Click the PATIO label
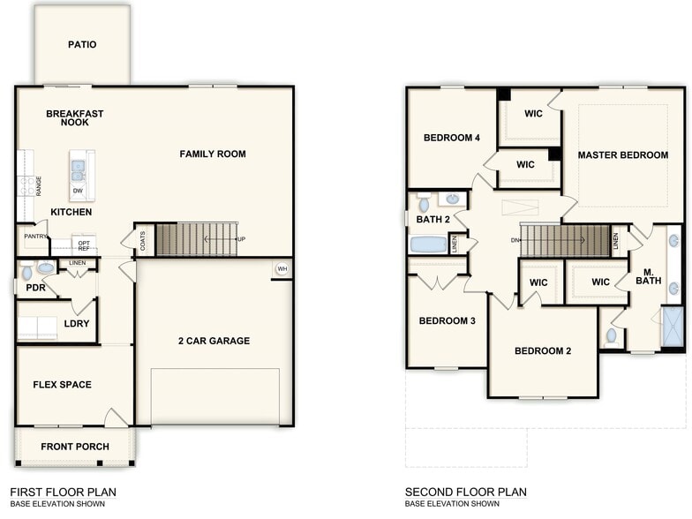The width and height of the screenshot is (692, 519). [82, 45]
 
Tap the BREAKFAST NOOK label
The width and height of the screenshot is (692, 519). [75, 118]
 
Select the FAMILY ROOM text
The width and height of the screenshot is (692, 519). [213, 154]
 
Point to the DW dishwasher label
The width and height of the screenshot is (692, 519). [78, 190]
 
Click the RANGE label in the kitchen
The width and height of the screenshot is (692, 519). [39, 185]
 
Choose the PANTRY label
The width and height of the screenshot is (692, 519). [35, 237]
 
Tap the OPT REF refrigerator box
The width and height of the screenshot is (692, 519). [84, 244]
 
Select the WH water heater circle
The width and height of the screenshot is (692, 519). [282, 269]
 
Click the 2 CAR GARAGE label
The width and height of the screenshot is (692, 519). [214, 341]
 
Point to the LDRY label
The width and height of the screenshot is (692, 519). [76, 324]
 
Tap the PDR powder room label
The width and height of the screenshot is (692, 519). [35, 288]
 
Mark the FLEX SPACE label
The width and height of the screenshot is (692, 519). [63, 385]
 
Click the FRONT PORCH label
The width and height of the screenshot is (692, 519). [75, 447]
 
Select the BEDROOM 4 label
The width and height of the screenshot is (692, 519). [452, 138]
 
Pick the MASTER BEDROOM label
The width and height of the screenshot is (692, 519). [623, 155]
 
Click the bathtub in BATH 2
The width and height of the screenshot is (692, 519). [431, 244]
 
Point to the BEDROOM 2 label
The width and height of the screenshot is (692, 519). [543, 351]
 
